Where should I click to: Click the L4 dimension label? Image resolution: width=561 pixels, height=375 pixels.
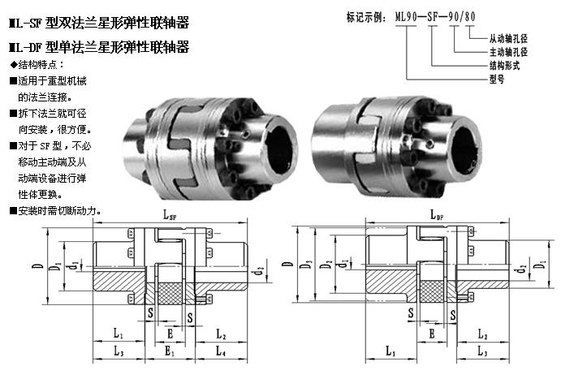point(220,351)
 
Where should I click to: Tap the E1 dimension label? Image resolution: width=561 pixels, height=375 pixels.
point(169,351)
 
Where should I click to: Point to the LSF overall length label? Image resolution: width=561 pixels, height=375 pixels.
point(170,215)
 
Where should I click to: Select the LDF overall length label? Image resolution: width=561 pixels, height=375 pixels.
point(437,215)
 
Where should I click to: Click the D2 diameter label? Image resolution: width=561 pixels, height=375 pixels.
point(326,265)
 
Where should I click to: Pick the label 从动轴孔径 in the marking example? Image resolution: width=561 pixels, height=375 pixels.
point(508,38)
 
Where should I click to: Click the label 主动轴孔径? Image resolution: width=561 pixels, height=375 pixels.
point(508,52)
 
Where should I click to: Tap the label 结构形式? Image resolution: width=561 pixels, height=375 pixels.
point(504,66)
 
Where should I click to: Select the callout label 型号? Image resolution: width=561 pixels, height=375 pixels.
point(497,79)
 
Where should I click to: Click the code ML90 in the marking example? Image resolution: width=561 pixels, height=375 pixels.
point(406,17)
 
